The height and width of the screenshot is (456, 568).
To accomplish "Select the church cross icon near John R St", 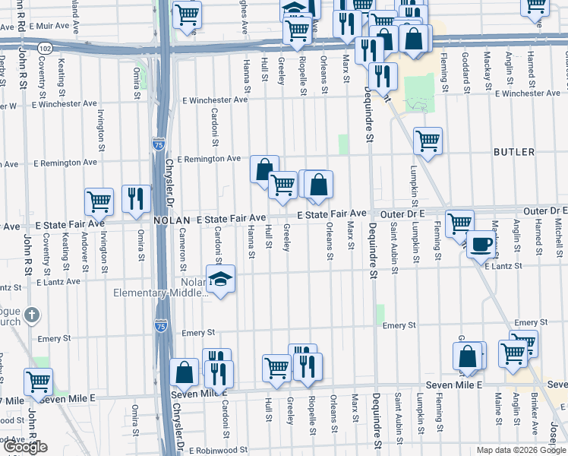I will [31, 314].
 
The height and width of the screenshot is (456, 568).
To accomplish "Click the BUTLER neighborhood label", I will [514, 152].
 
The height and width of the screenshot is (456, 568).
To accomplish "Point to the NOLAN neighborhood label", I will [172, 220].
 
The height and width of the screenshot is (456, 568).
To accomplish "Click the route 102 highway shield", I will [46, 47].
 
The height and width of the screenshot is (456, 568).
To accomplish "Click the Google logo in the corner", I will [24, 447].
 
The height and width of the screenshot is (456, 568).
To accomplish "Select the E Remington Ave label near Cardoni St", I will [208, 159].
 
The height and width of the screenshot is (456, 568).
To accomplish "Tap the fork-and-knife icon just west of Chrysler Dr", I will [136, 199].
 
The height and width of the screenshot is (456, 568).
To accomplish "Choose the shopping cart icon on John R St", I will [38, 381].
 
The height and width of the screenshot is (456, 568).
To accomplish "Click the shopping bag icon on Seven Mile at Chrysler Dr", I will [185, 372].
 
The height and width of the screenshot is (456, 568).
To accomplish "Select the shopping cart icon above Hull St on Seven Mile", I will [277, 368].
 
